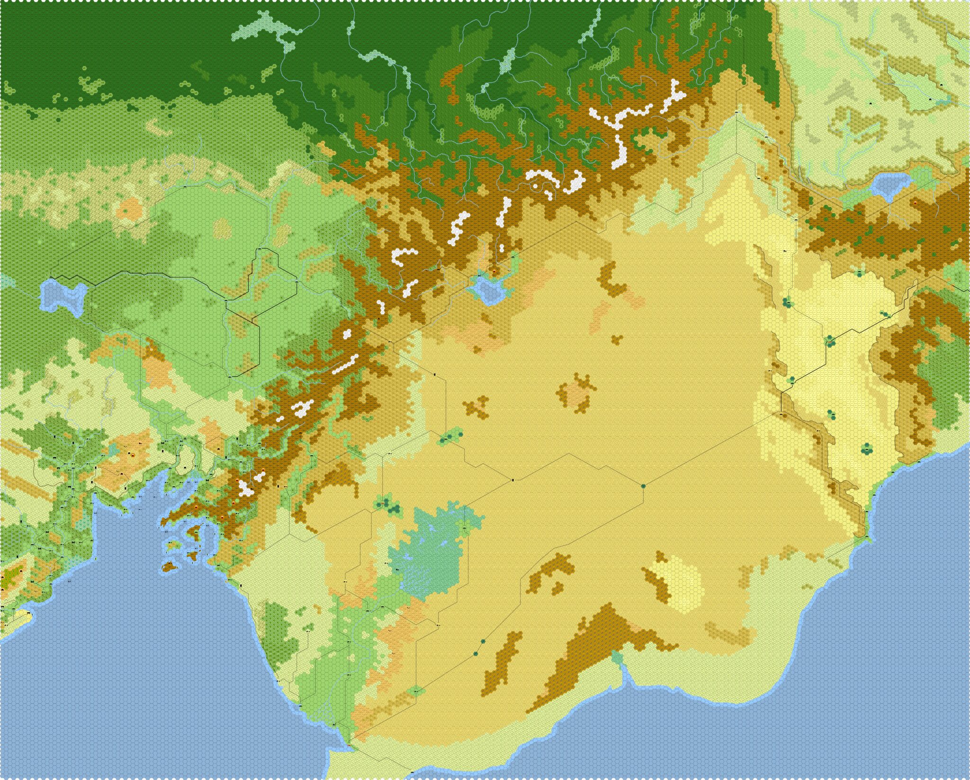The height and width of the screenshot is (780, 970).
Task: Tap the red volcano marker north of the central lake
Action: click(495, 272)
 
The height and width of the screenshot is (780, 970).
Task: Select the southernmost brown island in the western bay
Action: click(169, 566)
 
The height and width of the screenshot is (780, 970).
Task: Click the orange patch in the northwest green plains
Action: click(130, 208)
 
